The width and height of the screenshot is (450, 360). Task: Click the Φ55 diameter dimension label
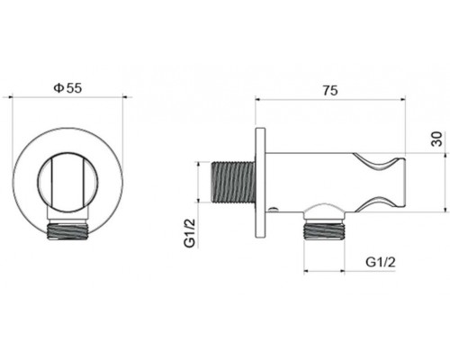(67, 88)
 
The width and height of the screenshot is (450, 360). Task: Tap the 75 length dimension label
(330, 90)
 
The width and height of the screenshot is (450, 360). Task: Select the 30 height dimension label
(437, 139)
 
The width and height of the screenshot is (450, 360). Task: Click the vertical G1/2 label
(190, 233)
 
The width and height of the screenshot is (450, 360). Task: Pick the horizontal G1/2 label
(381, 263)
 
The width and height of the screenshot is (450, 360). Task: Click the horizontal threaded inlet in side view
(233, 182)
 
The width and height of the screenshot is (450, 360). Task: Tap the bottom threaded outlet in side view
(324, 230)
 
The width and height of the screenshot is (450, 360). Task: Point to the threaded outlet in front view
(67, 231)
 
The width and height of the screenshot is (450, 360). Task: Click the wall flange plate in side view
(260, 183)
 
